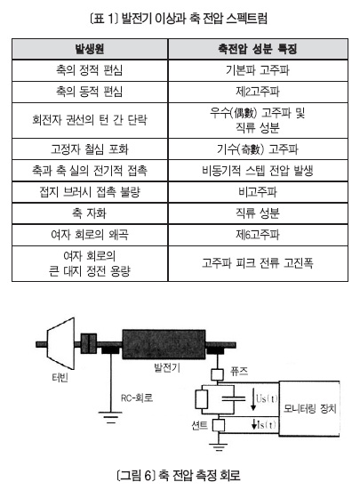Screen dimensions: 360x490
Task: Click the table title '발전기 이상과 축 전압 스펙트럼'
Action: pos(194,18)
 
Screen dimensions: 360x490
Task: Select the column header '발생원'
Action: pos(90,49)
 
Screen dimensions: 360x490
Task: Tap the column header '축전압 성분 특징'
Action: pos(258,49)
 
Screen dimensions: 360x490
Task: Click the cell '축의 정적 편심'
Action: pos(89,70)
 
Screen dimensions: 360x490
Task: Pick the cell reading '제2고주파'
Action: pos(258,92)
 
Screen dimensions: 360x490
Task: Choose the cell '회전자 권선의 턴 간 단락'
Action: pos(90,120)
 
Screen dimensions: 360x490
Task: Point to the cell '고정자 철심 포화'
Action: pos(90,149)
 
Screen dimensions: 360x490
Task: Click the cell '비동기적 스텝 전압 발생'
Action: pos(258,171)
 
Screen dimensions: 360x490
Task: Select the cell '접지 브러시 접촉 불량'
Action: pos(90,191)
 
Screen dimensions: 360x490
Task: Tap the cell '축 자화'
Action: pos(90,213)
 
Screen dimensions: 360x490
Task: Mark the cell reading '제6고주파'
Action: pos(258,235)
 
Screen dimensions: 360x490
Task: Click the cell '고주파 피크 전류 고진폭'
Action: pos(258,263)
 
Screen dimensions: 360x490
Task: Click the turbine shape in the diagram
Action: pos(60,344)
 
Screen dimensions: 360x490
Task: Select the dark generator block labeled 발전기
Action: pos(164,344)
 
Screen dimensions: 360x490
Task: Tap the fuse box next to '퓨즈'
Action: pos(217,374)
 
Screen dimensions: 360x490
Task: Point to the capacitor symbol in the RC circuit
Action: pos(234,398)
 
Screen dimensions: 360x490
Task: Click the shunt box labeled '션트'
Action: pos(219,425)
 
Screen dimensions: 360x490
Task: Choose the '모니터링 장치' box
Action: pos(309,408)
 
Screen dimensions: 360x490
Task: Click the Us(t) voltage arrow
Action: pos(253,398)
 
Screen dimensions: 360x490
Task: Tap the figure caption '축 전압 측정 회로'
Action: pos(199,475)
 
